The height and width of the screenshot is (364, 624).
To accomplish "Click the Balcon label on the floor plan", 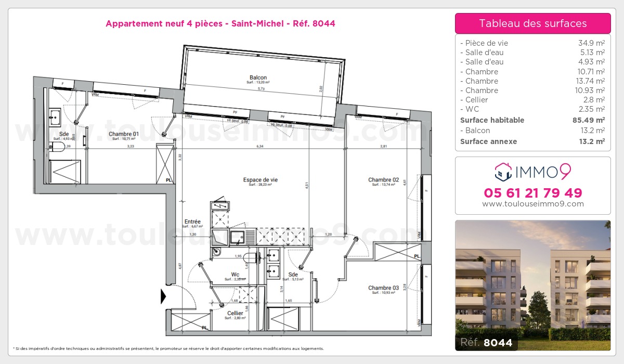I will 258,78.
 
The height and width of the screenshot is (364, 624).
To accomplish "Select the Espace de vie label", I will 260,180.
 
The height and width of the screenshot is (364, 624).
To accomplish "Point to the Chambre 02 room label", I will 383,180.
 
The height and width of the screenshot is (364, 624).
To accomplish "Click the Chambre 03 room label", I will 383,288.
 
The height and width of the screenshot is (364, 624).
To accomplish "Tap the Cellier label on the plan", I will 235,313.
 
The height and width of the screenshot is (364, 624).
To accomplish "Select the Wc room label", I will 235,275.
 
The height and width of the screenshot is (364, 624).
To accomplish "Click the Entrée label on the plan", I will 192,222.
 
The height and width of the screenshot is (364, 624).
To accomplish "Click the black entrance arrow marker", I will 163,296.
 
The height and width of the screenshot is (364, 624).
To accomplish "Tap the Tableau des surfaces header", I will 532,23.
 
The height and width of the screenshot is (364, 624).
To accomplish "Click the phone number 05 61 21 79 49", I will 532,193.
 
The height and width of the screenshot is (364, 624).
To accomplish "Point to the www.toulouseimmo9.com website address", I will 532,204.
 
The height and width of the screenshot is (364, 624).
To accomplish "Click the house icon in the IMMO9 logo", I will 503,170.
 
